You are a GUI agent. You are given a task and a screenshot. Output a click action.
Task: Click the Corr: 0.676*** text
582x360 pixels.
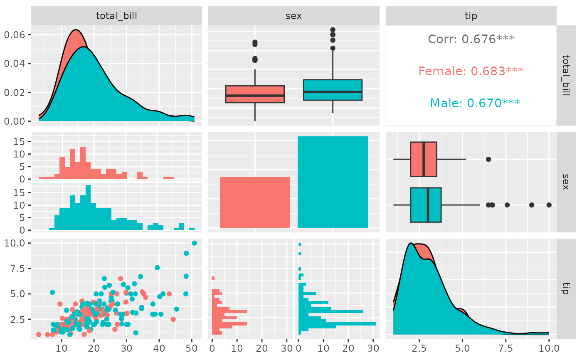tap(471, 39)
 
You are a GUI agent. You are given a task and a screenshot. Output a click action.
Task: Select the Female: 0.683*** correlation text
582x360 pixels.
tap(471, 71)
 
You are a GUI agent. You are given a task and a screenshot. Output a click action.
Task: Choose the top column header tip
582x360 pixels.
tap(471, 16)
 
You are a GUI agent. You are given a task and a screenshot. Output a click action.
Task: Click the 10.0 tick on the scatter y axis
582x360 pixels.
tap(15, 243)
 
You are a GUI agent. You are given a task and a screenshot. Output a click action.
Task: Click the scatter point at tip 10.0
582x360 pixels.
tap(194, 243)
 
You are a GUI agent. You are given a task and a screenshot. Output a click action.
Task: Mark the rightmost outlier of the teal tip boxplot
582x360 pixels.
tap(549, 205)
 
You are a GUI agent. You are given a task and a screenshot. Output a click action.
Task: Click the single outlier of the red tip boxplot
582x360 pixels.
tap(488, 159)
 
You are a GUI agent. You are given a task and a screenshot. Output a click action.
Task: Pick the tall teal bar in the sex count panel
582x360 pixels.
tap(333, 182)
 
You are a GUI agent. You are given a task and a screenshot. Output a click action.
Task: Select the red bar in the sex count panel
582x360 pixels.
tap(255, 202)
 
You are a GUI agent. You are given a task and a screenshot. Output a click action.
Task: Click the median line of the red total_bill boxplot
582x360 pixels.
tap(255, 95)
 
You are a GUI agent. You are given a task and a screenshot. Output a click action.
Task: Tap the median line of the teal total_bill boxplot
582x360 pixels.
tap(333, 91)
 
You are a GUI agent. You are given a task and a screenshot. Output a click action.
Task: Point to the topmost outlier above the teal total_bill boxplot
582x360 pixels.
tap(333, 30)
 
